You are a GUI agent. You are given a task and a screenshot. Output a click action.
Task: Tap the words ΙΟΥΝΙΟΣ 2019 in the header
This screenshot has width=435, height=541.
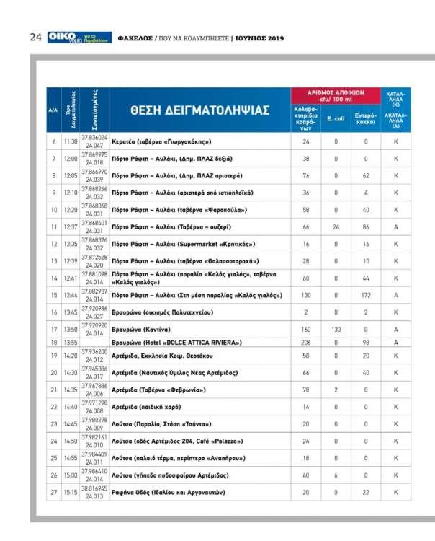(x=260, y=38)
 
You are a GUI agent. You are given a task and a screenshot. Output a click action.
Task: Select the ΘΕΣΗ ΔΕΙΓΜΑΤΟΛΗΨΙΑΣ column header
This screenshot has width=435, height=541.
(x=199, y=110)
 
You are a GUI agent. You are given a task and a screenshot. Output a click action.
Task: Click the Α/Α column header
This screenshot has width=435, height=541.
(x=53, y=110)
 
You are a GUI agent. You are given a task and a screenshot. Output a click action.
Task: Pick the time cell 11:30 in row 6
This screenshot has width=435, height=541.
(x=71, y=142)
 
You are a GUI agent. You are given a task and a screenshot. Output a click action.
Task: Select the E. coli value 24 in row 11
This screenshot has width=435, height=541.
(x=336, y=226)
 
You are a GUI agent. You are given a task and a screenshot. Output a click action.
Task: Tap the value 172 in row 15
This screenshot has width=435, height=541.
(x=366, y=295)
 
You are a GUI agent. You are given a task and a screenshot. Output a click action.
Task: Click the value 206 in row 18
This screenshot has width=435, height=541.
(x=305, y=342)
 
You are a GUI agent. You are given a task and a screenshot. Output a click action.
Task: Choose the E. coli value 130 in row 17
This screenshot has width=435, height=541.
(x=336, y=329)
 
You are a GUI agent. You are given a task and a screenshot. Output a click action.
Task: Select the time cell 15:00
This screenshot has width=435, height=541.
(x=71, y=475)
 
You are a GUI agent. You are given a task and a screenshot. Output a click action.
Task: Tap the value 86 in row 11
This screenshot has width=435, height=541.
(x=366, y=226)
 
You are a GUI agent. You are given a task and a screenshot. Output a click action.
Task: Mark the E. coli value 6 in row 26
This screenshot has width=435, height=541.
(x=336, y=475)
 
